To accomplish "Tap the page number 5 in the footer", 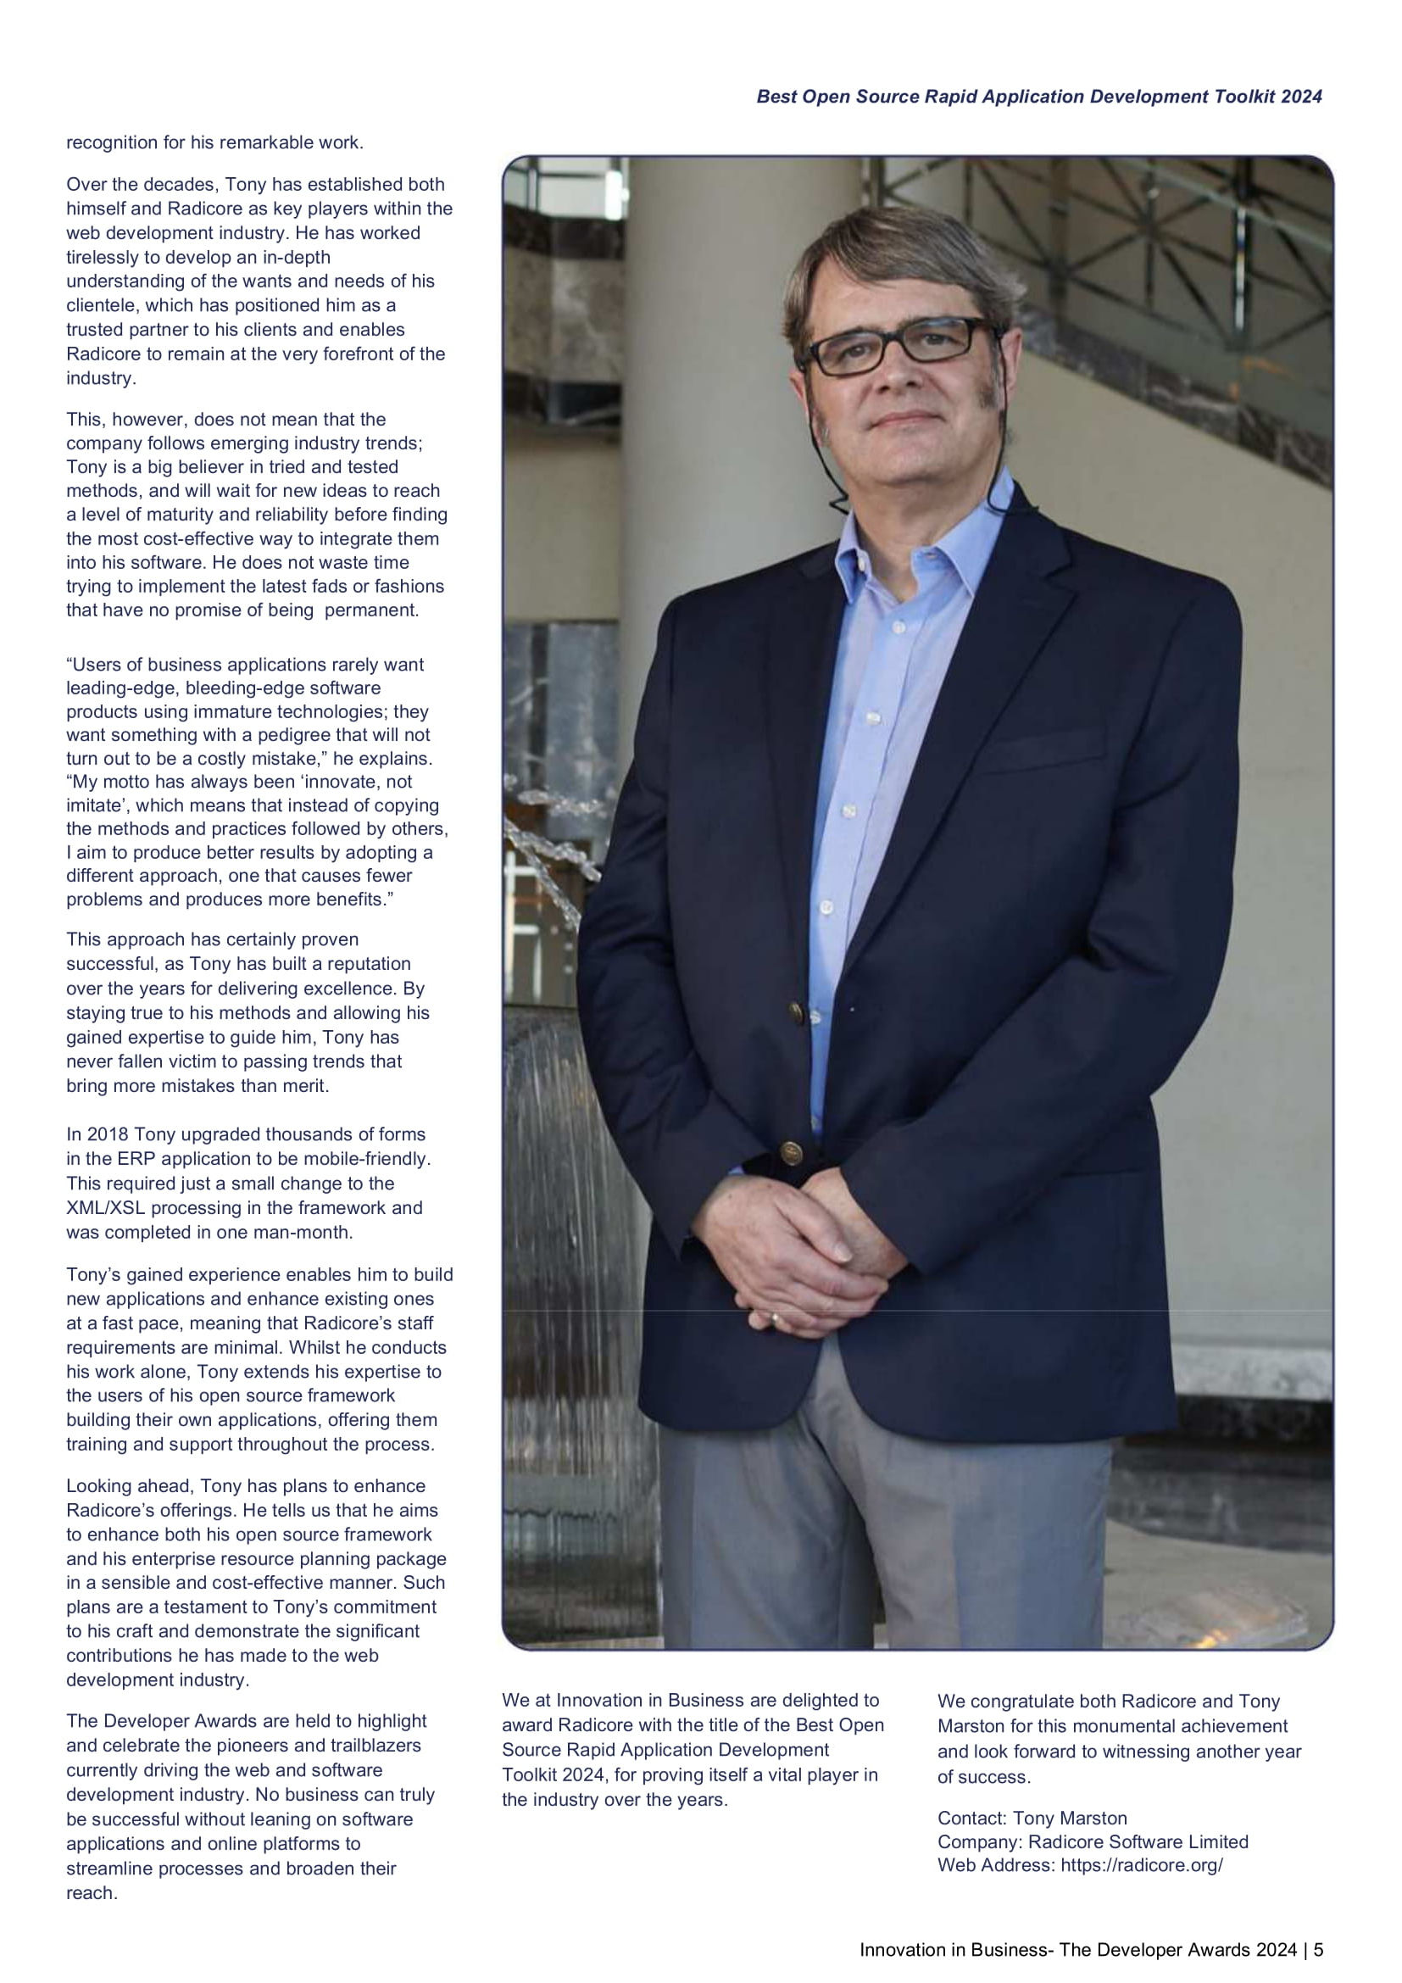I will [x=1318, y=1949].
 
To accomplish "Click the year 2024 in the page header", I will [x=1301, y=97].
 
